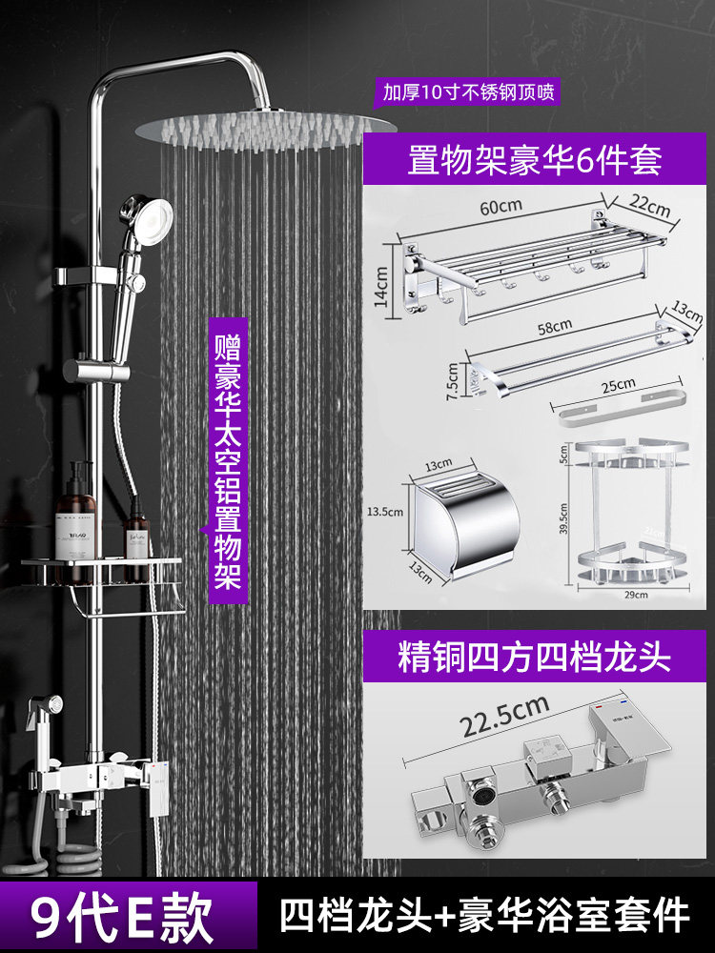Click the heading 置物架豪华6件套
534,158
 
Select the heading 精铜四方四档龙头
534,657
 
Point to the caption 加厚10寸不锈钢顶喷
468,92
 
